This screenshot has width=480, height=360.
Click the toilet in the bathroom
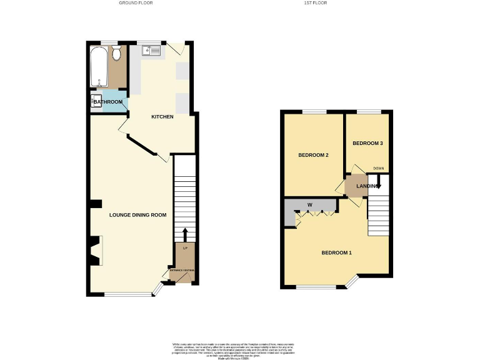tap(116, 55)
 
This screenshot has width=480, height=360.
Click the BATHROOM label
tap(109, 102)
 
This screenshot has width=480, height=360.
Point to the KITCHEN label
tap(162, 117)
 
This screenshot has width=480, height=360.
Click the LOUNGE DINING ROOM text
tap(137, 215)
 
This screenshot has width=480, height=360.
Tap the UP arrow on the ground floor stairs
tap(184, 235)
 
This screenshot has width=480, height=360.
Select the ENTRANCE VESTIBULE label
tap(183, 270)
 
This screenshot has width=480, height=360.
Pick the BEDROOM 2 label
tap(313, 155)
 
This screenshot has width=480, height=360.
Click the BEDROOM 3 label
tap(367, 143)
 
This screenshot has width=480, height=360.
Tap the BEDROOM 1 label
tap(337, 252)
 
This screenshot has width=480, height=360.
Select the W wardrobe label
tap(309, 205)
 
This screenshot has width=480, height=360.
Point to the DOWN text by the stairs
tap(378, 168)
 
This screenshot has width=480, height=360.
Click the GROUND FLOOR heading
tap(136, 3)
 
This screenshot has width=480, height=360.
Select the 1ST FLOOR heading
tap(315, 3)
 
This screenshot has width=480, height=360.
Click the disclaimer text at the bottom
tap(239, 349)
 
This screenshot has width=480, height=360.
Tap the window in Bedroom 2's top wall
tap(314, 112)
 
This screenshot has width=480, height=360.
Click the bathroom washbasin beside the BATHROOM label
tap(96, 101)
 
